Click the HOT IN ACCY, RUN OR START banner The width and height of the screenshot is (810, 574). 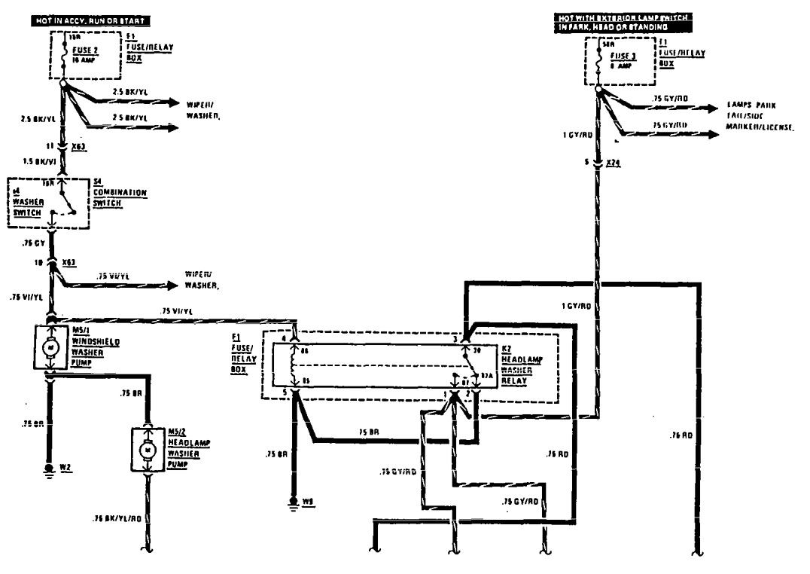[90, 20]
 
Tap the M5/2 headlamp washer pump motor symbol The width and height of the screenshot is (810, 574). [148, 450]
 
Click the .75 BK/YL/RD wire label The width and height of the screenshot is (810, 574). [117, 519]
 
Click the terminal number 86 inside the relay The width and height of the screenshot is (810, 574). [304, 351]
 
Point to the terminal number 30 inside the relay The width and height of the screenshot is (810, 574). [476, 350]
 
